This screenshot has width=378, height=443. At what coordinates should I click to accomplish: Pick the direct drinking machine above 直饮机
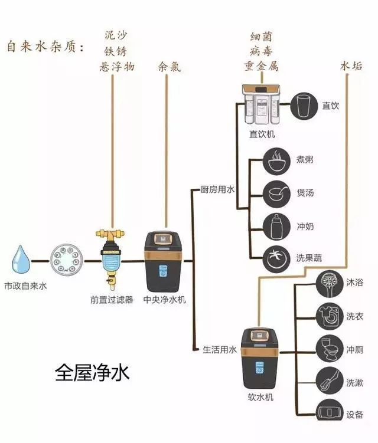(262, 106)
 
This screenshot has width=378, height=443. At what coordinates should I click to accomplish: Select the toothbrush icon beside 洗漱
(327, 380)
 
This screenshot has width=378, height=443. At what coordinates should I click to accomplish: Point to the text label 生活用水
(219, 349)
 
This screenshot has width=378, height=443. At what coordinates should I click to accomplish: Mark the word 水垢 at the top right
(351, 66)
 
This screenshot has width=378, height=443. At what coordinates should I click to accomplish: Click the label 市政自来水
(25, 285)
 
